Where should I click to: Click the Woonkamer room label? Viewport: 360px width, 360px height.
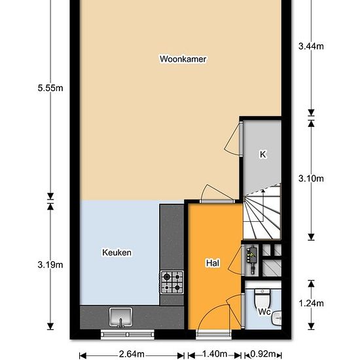183,59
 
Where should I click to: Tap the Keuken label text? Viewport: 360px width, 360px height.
117,253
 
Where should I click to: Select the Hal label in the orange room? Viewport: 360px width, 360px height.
213,263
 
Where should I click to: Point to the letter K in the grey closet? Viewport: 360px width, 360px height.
262,154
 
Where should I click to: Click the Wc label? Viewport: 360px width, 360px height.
264,312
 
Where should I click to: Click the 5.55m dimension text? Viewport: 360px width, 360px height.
50,88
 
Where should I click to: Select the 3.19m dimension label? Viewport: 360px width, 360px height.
50,265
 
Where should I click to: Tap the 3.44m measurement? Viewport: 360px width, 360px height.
311,46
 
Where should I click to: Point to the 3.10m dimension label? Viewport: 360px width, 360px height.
311,179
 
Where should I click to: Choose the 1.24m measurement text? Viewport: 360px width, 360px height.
311,304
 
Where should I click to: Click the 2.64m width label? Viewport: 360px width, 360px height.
132,354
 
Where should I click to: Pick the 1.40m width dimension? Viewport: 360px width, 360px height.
215,354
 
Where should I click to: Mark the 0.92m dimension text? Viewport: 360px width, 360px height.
263,354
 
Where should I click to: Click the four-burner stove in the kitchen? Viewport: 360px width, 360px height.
172,282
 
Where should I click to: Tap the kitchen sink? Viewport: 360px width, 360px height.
121,317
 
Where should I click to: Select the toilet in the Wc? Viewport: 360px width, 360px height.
262,298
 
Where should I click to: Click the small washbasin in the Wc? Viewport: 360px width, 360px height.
277,318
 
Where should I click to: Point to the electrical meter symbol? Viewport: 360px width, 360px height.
252,260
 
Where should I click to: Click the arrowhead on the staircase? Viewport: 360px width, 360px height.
263,190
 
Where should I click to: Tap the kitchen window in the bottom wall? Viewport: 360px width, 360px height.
128,334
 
